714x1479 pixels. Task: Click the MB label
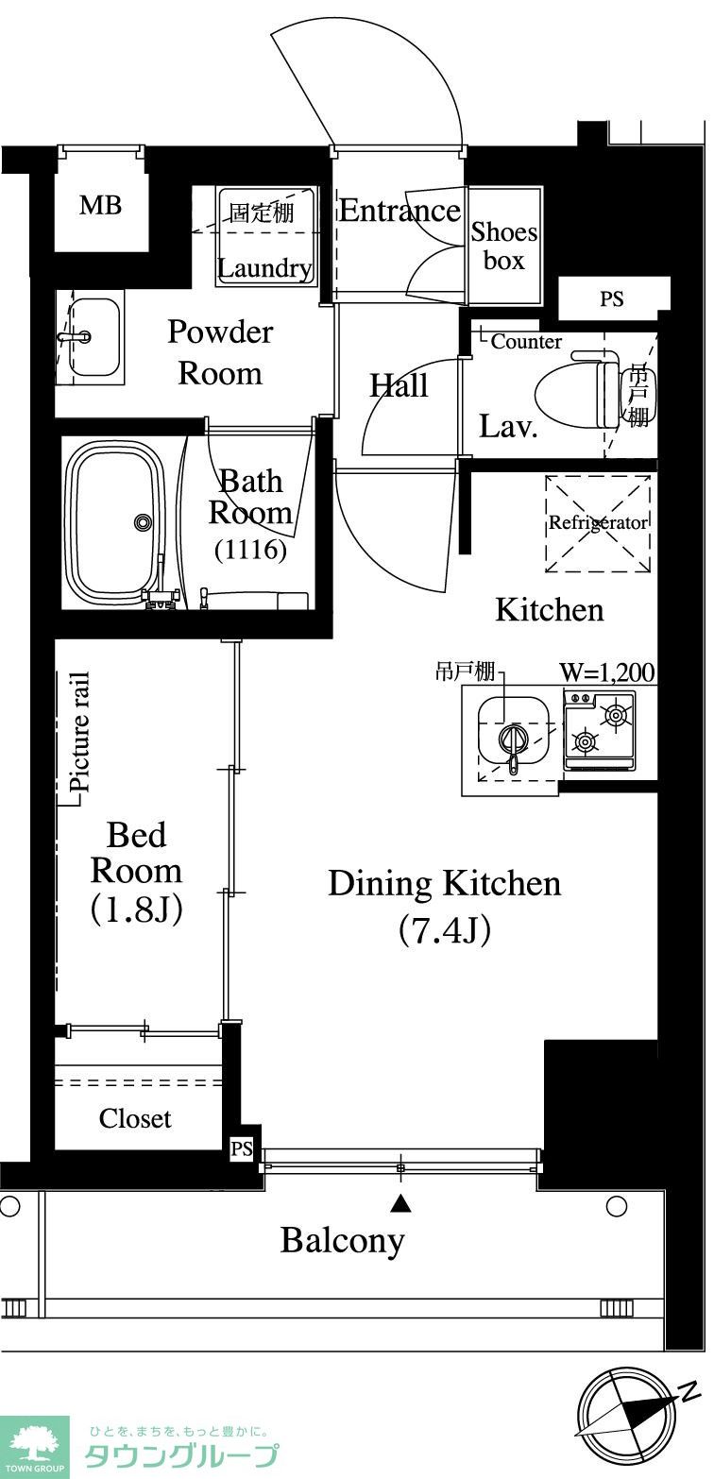tap(100, 205)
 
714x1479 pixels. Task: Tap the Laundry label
tap(264, 268)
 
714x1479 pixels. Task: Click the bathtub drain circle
tap(142, 522)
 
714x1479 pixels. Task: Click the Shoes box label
tap(503, 246)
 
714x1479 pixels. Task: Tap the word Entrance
tap(399, 211)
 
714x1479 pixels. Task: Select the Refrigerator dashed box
tap(598, 523)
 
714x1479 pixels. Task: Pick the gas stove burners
tap(600, 729)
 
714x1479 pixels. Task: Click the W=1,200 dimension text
tap(607, 672)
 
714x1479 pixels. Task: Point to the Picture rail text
tap(79, 732)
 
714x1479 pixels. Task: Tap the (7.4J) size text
tap(445, 930)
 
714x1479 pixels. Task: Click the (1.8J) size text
tap(136, 909)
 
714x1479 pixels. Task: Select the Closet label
tap(135, 1118)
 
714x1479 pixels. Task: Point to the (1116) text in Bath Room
tap(250, 549)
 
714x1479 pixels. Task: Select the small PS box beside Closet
tap(242, 1148)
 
